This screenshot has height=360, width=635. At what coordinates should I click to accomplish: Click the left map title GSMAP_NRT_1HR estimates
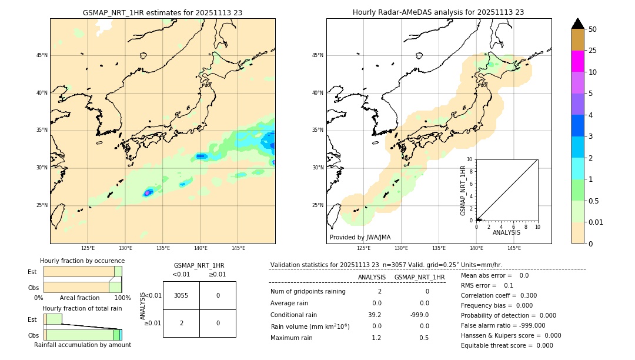(x=162, y=12)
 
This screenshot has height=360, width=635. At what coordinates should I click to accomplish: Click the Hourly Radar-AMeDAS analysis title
(x=438, y=12)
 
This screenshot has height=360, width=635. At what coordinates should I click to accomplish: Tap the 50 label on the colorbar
(x=593, y=29)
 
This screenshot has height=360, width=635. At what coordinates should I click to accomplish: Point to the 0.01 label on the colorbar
(x=596, y=222)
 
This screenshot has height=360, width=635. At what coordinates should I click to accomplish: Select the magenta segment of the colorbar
(x=577, y=61)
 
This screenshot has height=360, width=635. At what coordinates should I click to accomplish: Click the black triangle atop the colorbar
(x=577, y=24)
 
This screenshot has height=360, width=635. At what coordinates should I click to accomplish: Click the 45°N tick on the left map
(x=42, y=55)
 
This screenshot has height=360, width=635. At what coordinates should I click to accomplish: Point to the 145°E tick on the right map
(x=514, y=248)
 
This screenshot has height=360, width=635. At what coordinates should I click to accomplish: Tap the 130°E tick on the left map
(x=125, y=248)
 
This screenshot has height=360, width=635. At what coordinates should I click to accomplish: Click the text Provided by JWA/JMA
(x=360, y=238)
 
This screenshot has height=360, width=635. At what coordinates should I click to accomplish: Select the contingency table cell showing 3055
(x=181, y=295)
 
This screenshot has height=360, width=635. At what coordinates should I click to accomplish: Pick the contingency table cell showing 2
(x=181, y=323)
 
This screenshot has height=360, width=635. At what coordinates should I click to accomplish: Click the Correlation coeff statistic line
(x=499, y=295)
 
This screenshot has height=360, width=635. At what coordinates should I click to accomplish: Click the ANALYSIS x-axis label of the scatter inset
(x=506, y=232)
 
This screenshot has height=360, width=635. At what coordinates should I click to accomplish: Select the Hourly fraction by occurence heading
(x=82, y=261)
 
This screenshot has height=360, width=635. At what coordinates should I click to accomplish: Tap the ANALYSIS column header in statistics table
(x=372, y=277)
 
